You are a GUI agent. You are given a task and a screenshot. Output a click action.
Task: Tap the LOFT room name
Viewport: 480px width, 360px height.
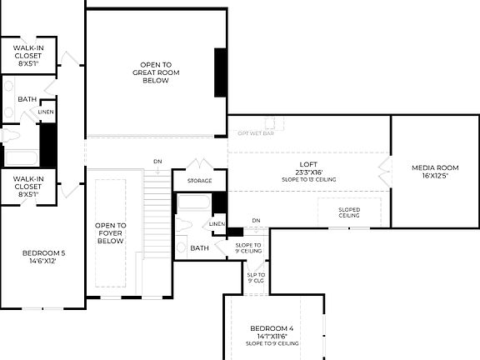coord(309,164)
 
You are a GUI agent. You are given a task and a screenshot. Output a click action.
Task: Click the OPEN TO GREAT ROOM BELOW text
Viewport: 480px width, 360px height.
coord(156,72)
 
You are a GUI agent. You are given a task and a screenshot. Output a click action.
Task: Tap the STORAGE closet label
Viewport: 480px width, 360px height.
coord(199,181)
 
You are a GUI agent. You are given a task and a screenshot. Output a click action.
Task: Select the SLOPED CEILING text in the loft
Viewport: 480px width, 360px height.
coord(349,212)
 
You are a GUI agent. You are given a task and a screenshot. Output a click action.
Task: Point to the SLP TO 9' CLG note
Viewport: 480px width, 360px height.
coord(256,277)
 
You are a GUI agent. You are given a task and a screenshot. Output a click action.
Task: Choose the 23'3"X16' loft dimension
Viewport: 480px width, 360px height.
coord(309,172)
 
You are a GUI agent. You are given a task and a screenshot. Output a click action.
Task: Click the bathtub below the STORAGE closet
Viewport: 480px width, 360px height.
coord(194,202)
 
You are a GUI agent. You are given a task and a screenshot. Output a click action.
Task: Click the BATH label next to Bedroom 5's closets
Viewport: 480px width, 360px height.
coord(27,99)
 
